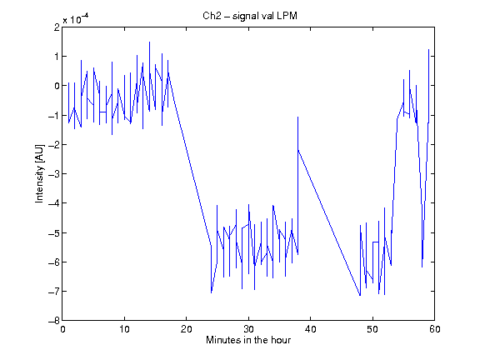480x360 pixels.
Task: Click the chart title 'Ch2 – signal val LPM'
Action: point(250,16)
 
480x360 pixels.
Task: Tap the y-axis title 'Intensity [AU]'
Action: point(40,173)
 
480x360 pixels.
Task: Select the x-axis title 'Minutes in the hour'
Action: point(248,340)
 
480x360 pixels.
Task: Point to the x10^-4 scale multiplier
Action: point(76,19)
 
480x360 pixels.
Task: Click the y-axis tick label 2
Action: point(57,27)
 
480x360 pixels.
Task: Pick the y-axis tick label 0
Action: point(57,86)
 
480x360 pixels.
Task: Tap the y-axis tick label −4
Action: point(53,203)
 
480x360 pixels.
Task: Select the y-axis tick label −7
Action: point(53,292)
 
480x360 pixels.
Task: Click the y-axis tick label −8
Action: point(53,321)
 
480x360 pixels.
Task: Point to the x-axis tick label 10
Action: point(125,329)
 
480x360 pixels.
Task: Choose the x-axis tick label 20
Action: point(187,329)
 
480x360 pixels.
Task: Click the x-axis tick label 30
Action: point(248,329)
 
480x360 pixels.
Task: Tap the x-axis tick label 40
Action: point(310,329)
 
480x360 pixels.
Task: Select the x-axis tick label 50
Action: point(372,329)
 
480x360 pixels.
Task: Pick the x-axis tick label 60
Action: point(435,329)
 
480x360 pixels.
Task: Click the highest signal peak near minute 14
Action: point(149,42)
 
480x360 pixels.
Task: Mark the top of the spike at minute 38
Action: point(297,117)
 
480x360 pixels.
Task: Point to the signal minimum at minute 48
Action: point(360,295)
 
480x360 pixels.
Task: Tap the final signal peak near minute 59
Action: point(428,49)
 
